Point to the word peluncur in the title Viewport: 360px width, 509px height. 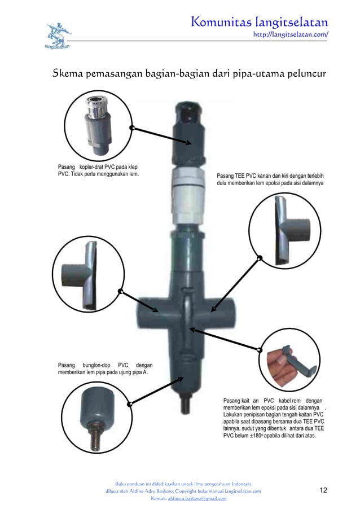[x=301, y=74]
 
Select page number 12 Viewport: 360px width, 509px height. [x=323, y=490]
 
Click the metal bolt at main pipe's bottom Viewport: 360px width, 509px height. [x=185, y=405]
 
